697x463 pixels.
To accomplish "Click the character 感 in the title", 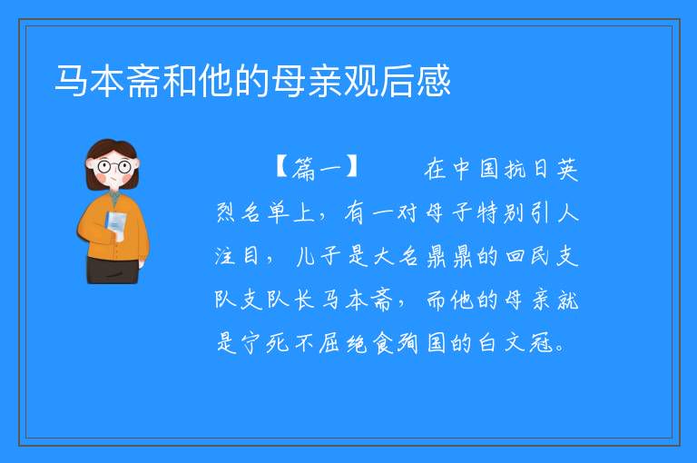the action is click(434, 81).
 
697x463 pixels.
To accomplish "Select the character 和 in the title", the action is click(181, 81).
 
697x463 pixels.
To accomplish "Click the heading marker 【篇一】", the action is click(317, 169).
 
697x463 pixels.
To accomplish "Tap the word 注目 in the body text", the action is click(237, 256).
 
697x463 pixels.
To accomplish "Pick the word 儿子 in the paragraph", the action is click(319, 256).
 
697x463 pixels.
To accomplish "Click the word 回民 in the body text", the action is click(527, 256).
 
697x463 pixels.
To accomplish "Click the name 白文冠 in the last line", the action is click(515, 343).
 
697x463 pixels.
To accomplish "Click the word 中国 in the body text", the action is click(476, 169).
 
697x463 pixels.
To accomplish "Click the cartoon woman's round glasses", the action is click(114, 167).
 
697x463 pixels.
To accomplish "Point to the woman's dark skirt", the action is click(113, 270).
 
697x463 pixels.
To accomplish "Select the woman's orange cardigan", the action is click(113, 228).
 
